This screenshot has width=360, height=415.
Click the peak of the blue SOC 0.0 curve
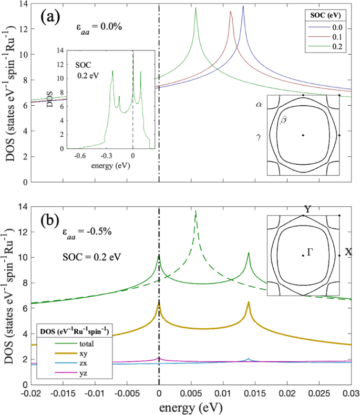(243, 7)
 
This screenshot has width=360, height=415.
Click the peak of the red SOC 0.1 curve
(230, 12)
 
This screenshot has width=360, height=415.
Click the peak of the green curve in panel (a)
(196, 8)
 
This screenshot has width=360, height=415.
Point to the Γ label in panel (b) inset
(311, 253)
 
